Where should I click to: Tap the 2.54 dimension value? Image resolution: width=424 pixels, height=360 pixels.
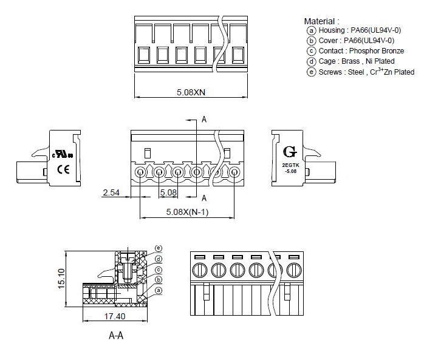pyautogui.click(x=111, y=193)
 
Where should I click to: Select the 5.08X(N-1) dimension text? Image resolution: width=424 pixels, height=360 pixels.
pyautogui.click(x=187, y=212)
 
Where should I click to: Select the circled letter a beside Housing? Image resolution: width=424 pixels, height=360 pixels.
pyautogui.click(x=312, y=30)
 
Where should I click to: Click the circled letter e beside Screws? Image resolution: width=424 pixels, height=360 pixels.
pyautogui.click(x=312, y=72)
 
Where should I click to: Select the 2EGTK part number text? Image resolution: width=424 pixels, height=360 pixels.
pyautogui.click(x=290, y=165)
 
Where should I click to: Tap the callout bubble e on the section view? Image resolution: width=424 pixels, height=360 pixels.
pyautogui.click(x=159, y=248)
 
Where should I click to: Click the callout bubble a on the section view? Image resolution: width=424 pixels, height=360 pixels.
pyautogui.click(x=159, y=291)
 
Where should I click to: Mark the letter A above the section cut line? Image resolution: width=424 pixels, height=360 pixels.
pyautogui.click(x=204, y=120)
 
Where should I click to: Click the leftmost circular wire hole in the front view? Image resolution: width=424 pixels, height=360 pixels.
pyautogui.click(x=140, y=172)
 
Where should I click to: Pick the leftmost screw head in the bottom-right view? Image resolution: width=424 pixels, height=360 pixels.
pyautogui.click(x=199, y=269)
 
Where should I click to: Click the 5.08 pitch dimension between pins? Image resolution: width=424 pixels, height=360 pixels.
pyautogui.click(x=168, y=193)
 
